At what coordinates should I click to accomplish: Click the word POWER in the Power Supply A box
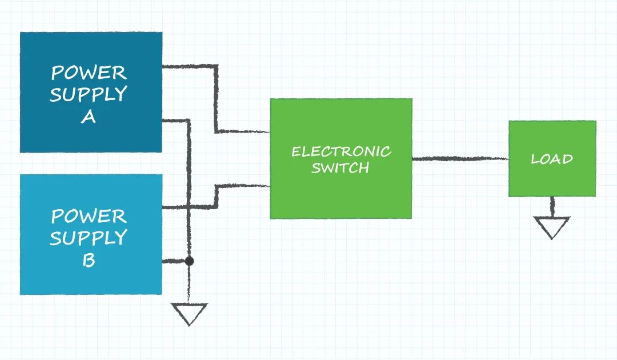[89, 73]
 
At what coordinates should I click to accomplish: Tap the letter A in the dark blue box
[88, 117]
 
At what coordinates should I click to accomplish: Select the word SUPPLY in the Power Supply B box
[89, 238]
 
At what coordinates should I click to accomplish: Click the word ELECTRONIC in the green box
[341, 151]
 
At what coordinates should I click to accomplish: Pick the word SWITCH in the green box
[340, 168]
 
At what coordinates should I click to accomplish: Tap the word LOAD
[552, 159]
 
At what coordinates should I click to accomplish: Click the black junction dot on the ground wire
[189, 261]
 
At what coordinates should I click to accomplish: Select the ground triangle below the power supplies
[189, 314]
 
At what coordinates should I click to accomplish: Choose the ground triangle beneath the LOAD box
[552, 227]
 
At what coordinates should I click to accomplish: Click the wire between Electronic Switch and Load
[460, 158]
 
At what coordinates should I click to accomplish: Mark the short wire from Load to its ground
[552, 206]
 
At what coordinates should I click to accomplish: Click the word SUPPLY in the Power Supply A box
[89, 94]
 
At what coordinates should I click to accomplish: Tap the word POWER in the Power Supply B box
[89, 216]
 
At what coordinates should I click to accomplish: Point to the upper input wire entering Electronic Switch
[243, 131]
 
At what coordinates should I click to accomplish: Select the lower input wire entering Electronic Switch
[243, 186]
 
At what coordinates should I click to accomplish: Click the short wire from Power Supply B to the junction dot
[175, 261]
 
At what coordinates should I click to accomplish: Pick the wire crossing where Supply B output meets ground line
[189, 207]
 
